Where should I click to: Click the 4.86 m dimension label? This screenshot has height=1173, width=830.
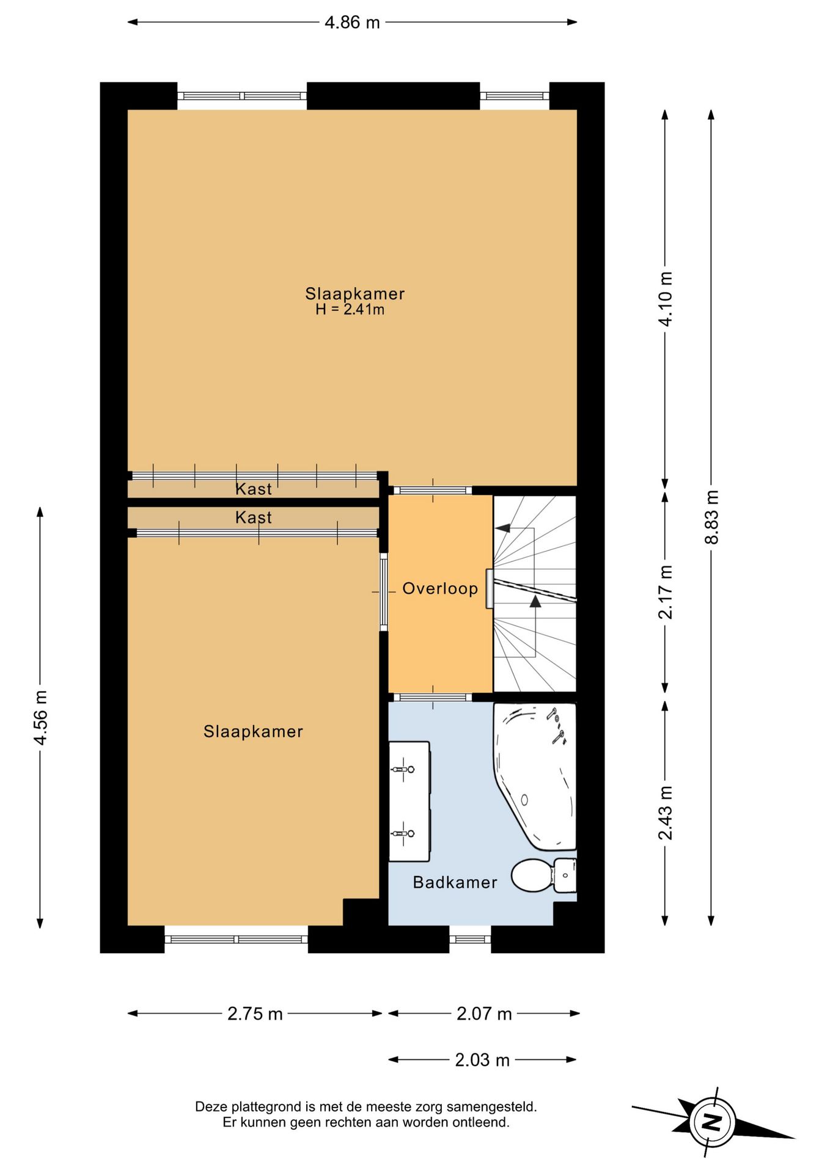[352, 23]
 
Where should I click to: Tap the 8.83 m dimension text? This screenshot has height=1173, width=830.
[711, 517]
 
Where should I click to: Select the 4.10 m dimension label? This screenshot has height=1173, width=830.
[666, 299]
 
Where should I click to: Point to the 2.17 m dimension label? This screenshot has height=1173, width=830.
[666, 592]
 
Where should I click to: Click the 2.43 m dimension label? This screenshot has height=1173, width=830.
[666, 813]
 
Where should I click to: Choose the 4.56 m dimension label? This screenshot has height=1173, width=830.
[40, 717]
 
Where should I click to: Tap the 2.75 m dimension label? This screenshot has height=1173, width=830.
[255, 1014]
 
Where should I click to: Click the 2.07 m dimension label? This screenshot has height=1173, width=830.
[484, 1014]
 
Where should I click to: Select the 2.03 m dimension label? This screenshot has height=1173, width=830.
[482, 1059]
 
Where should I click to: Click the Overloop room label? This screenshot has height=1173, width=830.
[440, 588]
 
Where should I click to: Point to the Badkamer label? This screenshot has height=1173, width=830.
[455, 882]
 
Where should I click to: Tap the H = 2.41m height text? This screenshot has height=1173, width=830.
[350, 310]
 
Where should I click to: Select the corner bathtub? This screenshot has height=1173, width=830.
[535, 776]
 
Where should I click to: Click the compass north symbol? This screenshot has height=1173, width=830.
[712, 1122]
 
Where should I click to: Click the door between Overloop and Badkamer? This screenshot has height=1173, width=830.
[433, 697]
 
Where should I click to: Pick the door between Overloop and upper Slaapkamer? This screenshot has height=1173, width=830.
[433, 490]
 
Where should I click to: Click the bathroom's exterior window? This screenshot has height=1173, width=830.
[470, 939]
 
